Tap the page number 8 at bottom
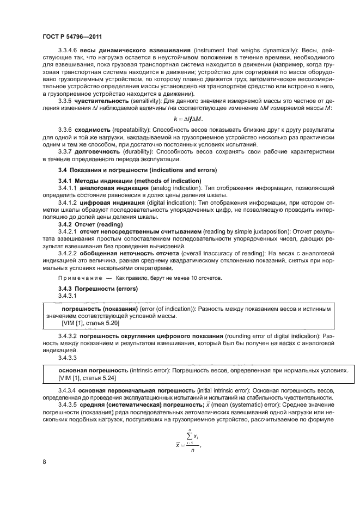pyautogui.click(x=44, y=462)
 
